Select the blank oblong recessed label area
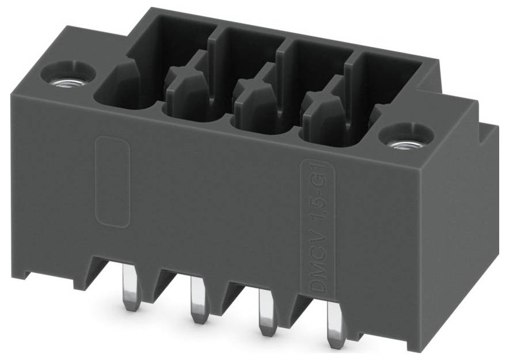(112, 181)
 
